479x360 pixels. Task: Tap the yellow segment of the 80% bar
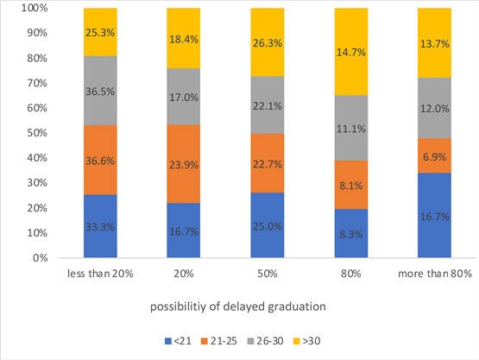click(x=362, y=52)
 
